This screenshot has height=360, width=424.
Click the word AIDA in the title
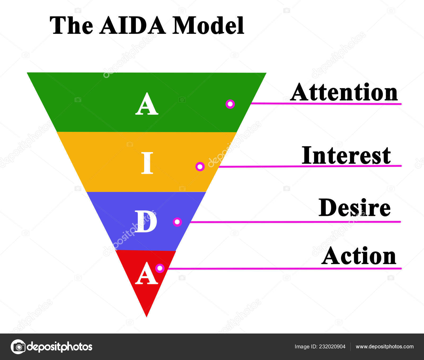[133, 25]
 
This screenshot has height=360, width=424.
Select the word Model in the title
[208, 25]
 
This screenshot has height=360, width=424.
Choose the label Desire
[355, 207]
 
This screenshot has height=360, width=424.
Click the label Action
[359, 256]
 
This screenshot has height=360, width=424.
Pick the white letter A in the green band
[147, 104]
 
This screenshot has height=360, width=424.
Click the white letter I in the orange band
[147, 163]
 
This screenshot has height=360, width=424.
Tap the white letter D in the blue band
[145, 222]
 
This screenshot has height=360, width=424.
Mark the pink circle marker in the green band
[230, 104]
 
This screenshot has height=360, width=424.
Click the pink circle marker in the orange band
[200, 167]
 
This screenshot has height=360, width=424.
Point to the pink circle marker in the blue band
[177, 222]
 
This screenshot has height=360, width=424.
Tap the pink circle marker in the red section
[160, 268]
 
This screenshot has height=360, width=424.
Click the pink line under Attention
[326, 104]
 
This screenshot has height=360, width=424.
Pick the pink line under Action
[285, 269]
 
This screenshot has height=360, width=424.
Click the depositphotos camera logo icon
[18, 346]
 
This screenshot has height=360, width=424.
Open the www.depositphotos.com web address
[385, 347]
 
